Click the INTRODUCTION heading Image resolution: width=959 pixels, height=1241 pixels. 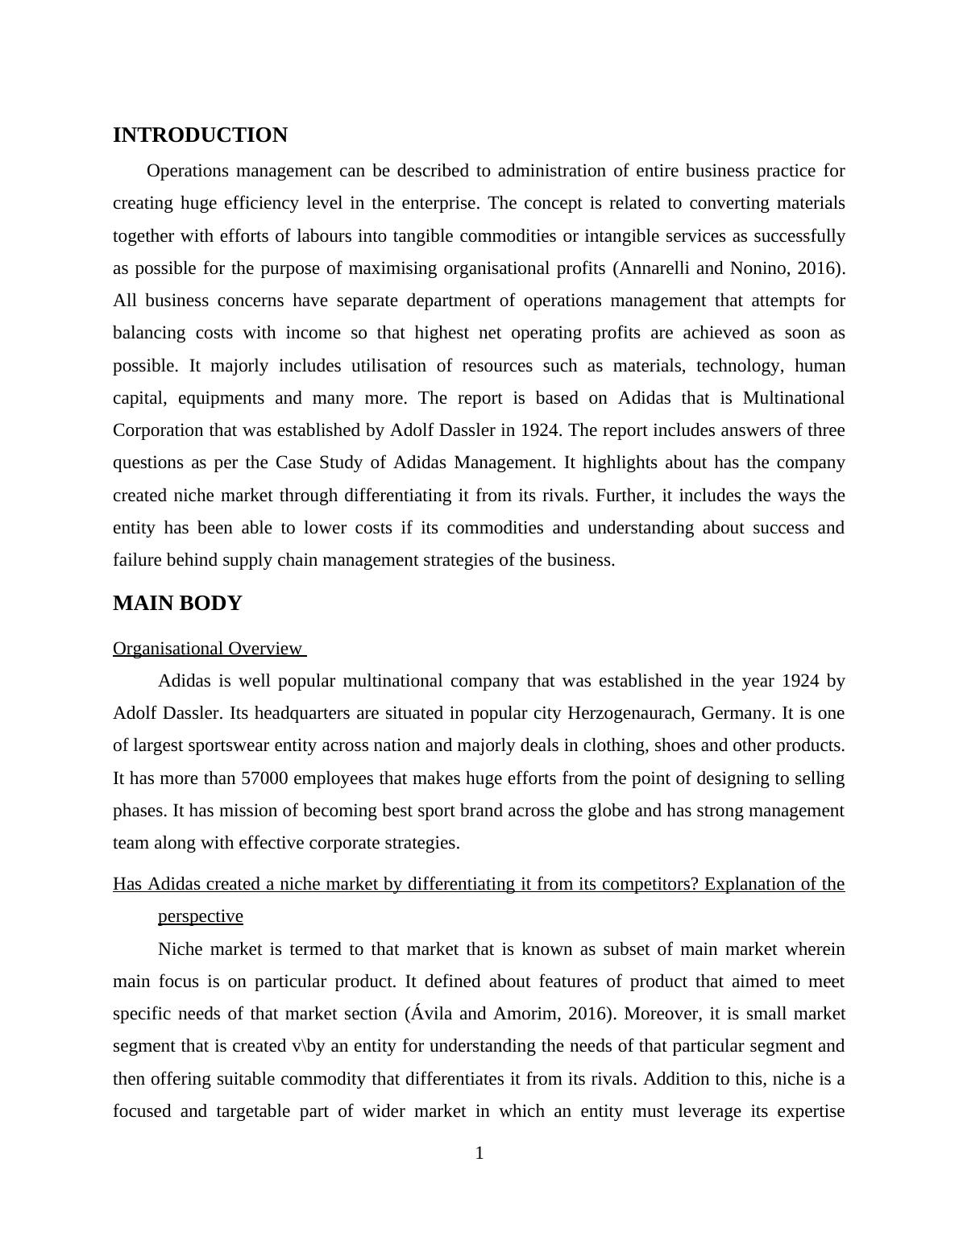[x=200, y=135]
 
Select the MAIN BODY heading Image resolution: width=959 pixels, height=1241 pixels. [x=177, y=604]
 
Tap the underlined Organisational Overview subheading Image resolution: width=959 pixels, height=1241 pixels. [x=207, y=649]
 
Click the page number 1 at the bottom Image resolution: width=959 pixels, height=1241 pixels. [x=479, y=1153]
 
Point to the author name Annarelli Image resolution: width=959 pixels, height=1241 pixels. [x=652, y=268]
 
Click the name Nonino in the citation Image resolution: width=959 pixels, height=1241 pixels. [x=761, y=268]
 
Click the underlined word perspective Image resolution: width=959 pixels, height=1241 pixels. [x=200, y=916]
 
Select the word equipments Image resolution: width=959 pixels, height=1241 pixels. [x=221, y=398]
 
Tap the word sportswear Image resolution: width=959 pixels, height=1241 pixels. [x=227, y=745]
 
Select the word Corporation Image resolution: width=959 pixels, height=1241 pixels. [x=158, y=430]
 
